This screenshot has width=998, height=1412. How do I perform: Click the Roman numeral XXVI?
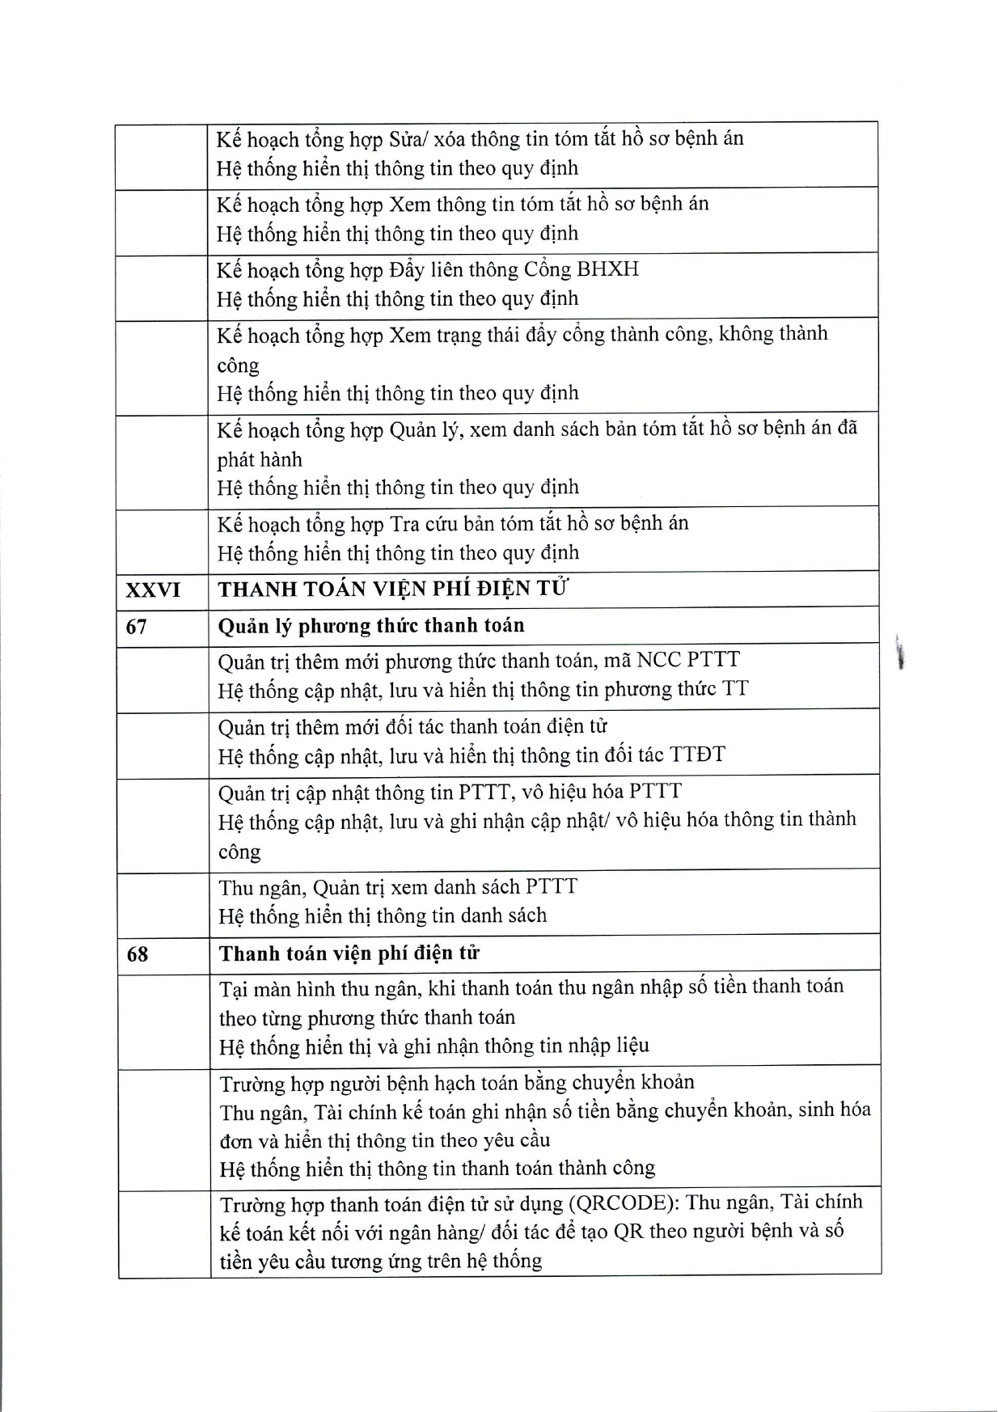(153, 590)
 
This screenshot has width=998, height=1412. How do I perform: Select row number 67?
(137, 627)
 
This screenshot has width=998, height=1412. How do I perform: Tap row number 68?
(137, 954)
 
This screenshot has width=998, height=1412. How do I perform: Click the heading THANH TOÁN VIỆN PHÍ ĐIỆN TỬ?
(393, 589)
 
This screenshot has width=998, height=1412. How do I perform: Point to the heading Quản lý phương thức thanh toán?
(371, 626)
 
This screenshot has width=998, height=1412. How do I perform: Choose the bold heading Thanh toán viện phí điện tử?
(349, 953)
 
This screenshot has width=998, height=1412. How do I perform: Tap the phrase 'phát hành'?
(260, 460)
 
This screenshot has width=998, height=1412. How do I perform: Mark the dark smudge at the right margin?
(899, 653)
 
